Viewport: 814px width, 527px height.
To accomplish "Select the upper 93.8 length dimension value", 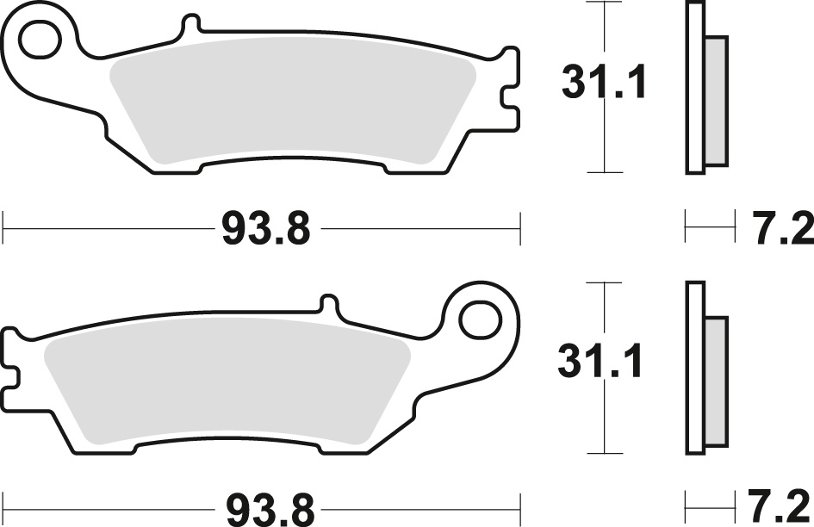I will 265,230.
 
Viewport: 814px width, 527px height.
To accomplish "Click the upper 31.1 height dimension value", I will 604,84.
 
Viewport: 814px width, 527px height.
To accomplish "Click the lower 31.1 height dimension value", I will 600,363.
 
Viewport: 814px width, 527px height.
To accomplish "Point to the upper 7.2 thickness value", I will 783,230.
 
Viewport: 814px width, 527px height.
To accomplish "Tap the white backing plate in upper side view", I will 694,86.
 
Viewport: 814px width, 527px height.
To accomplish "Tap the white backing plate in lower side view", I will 694,366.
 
